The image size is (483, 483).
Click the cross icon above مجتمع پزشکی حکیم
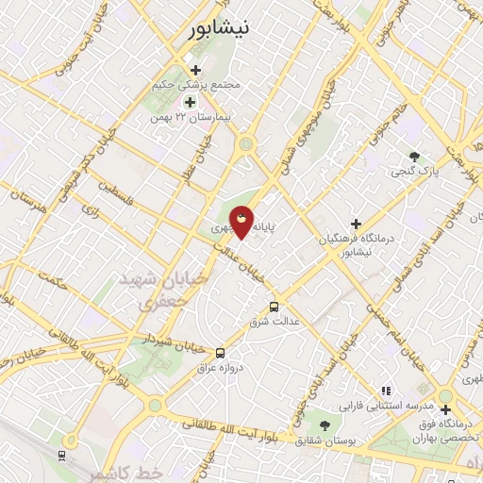click(195, 70)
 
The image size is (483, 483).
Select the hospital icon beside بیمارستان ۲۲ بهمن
click(190, 102)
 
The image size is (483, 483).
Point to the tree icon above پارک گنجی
click(413, 156)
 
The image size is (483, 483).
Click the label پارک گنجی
click(416, 172)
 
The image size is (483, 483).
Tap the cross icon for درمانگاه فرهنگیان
click(356, 224)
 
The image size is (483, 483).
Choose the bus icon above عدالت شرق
click(275, 307)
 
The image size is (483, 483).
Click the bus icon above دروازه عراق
click(220, 352)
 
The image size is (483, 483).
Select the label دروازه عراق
click(225, 367)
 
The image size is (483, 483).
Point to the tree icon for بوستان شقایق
click(325, 425)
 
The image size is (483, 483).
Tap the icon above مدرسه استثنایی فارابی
click(385, 391)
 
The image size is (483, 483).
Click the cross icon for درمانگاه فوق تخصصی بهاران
click(445, 409)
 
